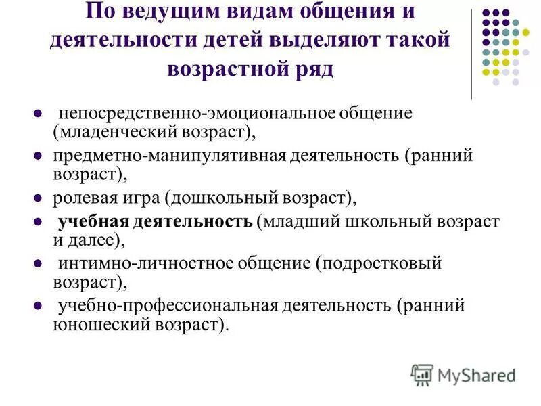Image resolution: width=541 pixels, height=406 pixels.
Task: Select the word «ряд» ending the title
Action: coord(314,68)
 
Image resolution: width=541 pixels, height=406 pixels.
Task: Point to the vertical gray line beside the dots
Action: coord(471,54)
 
